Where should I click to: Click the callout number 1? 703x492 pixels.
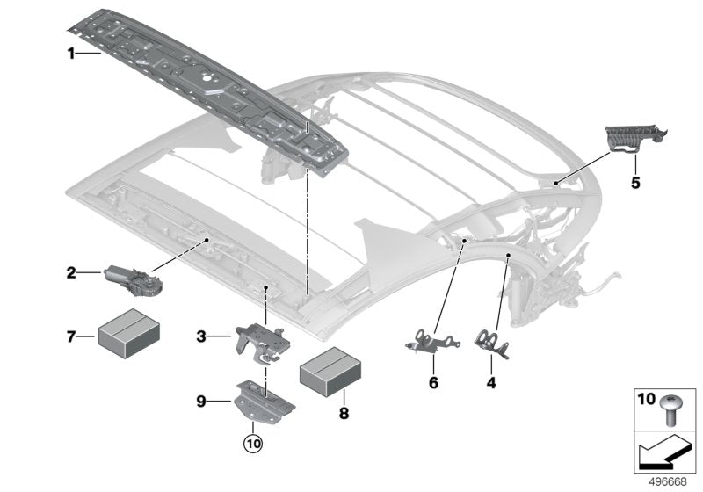click(71, 54)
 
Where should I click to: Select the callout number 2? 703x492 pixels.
click(71, 273)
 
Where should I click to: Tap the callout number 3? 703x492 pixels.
click(201, 336)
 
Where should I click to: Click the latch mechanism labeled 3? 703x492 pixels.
click(260, 337)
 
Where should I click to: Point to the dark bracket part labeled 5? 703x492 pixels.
click(633, 141)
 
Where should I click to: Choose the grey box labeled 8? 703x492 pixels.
click(330, 373)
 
